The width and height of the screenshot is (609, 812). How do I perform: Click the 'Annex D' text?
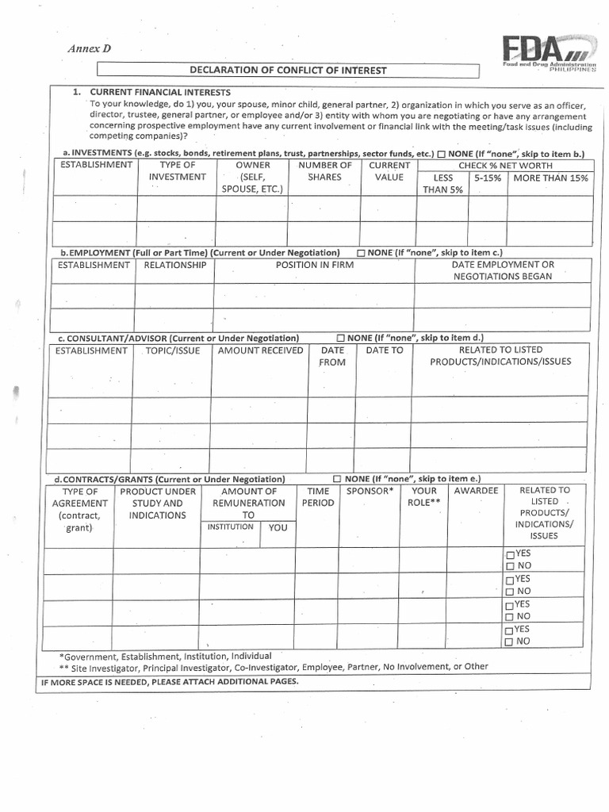tap(89, 48)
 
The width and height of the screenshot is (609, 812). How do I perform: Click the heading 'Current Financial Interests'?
tap(160, 93)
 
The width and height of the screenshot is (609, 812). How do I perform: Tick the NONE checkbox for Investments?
tap(441, 153)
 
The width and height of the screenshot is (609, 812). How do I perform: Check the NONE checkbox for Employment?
tap(361, 253)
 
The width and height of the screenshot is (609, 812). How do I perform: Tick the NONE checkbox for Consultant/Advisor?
tap(341, 338)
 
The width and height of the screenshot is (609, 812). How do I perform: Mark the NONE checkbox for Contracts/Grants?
tap(337, 480)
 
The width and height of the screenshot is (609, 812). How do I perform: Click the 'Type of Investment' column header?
tap(177, 171)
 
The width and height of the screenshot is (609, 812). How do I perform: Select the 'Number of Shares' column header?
tap(324, 171)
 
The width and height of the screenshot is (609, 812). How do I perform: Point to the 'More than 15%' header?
tap(550, 178)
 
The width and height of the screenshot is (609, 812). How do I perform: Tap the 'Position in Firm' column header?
tap(312, 265)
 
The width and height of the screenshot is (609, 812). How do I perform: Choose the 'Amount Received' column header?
tap(260, 350)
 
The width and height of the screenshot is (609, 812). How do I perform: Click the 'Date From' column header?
tap(332, 356)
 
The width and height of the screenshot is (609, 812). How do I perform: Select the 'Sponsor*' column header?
tap(370, 491)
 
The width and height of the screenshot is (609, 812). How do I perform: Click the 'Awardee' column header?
tap(476, 491)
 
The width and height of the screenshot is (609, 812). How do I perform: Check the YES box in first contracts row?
tap(510, 553)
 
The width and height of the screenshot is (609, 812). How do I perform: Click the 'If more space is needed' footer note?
tap(169, 681)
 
